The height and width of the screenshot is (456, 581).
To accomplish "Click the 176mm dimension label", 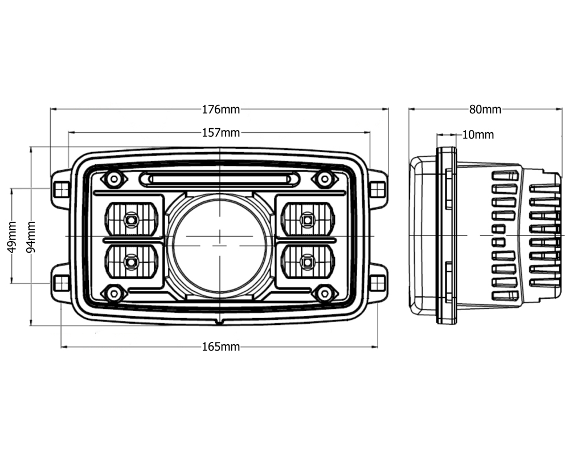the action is pos(221,109).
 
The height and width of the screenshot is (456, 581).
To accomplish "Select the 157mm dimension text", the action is pos(221,133).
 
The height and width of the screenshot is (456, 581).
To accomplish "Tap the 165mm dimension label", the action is pos(221,347).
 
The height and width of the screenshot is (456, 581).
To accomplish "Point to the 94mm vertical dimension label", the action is pos(31,237).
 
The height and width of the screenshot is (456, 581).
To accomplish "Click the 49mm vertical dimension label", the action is pos(12,237).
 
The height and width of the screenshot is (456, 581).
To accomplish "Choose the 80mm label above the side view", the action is pos(485,109).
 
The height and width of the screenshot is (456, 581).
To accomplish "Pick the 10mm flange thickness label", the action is pos(478,135).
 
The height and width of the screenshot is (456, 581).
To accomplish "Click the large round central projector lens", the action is pos(220,245).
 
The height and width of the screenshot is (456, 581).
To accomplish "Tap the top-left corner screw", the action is pos(114,180).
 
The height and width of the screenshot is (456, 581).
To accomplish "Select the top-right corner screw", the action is pos(325,180).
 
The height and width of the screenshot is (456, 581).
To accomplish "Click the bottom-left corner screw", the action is pos(114,294).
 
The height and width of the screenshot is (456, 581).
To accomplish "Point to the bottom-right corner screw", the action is pos(325,294).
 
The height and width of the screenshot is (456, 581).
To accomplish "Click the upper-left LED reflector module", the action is pos(132,219).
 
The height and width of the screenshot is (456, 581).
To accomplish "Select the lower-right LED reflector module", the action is pos(308,262).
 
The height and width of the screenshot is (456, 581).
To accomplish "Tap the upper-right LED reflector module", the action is pos(308,219).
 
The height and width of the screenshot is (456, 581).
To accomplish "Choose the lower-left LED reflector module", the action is pos(132,262).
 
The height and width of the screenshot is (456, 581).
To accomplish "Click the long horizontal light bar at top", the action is pos(220,180).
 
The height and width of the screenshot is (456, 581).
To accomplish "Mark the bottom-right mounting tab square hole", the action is pos(378,283).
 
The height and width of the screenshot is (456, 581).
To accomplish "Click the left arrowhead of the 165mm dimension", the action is pos(64,347).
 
